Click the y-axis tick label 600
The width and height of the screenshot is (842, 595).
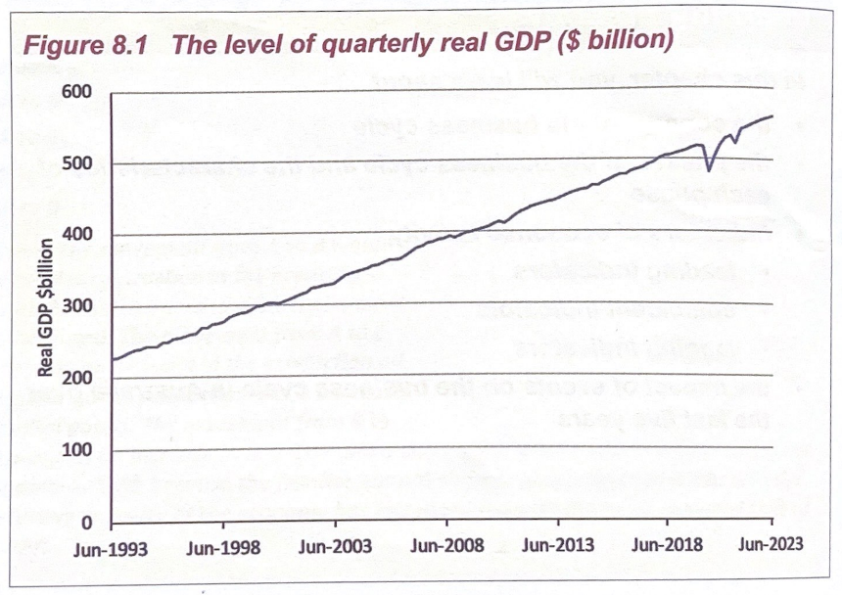(x=76, y=92)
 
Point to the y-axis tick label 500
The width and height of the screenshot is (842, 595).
(x=76, y=163)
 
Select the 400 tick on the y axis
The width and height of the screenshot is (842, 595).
(x=76, y=235)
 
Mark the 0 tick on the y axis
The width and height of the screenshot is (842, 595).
(x=86, y=523)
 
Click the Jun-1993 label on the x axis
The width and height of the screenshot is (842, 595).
(x=110, y=548)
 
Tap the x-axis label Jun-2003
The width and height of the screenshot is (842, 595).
(x=336, y=547)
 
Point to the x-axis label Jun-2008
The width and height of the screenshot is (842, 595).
(x=447, y=546)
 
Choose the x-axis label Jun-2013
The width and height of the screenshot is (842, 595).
(x=559, y=546)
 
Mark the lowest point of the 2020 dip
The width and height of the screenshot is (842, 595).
(x=709, y=170)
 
